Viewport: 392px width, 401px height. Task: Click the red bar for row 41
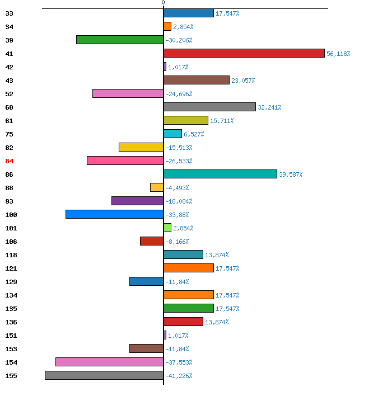pos(244,53)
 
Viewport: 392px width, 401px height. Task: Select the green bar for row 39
pos(120,40)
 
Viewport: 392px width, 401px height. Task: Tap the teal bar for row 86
pos(220,174)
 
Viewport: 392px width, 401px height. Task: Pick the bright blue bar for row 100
pos(114,214)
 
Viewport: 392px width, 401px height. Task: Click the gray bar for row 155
pos(104,375)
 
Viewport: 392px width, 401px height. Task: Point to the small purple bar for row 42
pos(165,67)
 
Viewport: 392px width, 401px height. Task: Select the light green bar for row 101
pos(167,228)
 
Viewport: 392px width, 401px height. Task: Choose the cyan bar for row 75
pos(172,134)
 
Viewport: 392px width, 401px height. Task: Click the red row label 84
pos(9,161)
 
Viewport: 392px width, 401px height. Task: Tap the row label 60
pos(9,107)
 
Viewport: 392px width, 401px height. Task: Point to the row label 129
pos(11,282)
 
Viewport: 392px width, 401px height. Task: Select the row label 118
pos(11,255)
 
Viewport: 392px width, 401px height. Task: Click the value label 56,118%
pos(338,54)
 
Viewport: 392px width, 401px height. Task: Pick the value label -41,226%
pos(179,376)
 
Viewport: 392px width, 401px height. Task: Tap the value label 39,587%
pos(291,174)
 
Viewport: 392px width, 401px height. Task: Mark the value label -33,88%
pos(177,215)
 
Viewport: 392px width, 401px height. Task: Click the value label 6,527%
pos(194,134)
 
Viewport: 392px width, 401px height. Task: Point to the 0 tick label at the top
pos(163,3)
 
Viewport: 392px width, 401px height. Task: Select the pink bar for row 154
pos(110,362)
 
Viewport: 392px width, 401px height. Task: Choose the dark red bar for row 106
pos(152,241)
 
